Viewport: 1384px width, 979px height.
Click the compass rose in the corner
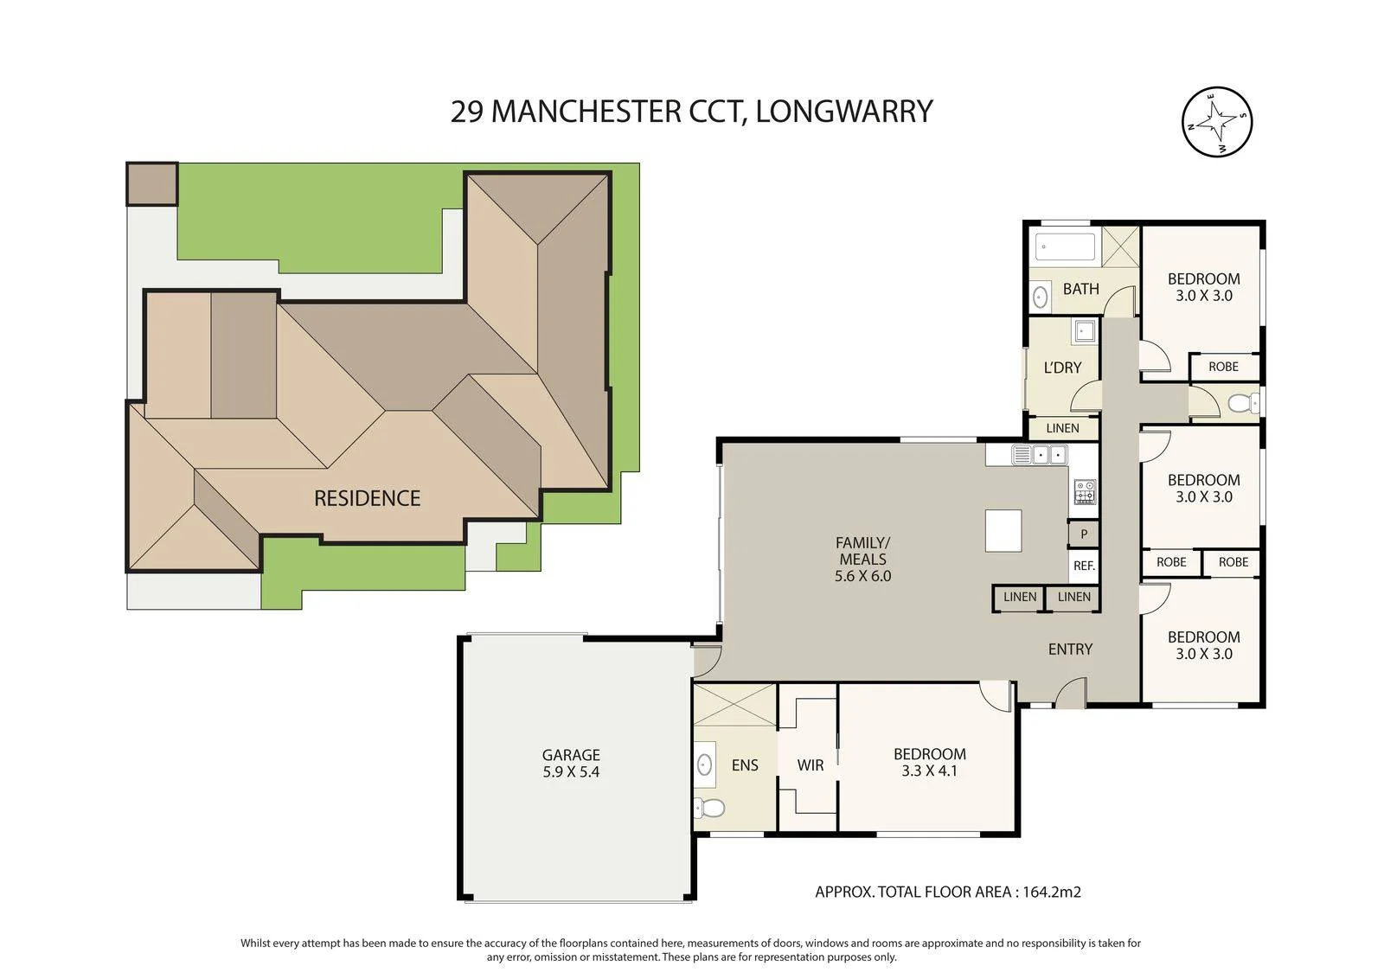click(x=1216, y=122)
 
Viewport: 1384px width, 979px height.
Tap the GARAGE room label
click(x=571, y=755)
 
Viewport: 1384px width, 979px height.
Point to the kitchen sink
click(x=1039, y=455)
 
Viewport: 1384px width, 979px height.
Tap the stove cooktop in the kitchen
click(x=1085, y=491)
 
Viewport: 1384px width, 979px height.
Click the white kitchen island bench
click(x=1003, y=530)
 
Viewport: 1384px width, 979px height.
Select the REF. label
click(x=1084, y=565)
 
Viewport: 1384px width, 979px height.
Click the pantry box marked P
click(x=1084, y=534)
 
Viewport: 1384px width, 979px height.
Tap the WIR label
click(x=810, y=765)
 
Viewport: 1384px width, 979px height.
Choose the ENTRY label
click(x=1070, y=649)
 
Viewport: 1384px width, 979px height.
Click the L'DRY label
click(x=1062, y=368)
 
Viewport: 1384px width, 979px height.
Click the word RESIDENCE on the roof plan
click(x=367, y=498)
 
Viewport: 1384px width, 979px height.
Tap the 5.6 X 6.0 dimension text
click(x=862, y=576)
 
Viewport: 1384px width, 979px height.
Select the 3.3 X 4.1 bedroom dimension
click(x=929, y=771)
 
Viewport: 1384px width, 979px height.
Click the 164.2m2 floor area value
click(x=1052, y=892)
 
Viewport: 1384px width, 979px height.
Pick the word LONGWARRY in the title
click(x=844, y=112)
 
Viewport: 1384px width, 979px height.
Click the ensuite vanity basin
click(x=704, y=765)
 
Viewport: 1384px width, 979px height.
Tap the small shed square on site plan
click(x=152, y=183)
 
